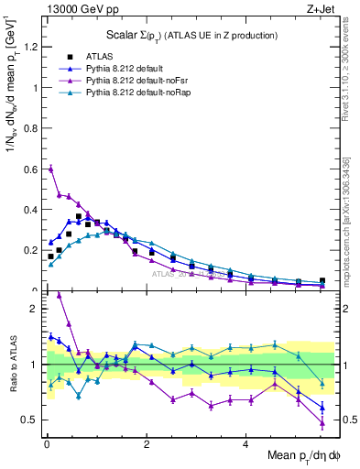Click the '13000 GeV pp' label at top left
point(73,8)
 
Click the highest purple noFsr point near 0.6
point(51,169)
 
